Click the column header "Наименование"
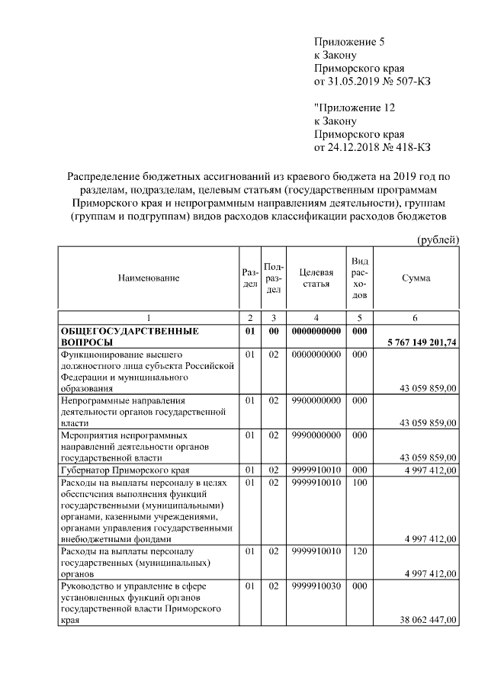pyautogui.click(x=149, y=278)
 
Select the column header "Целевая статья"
pyautogui.click(x=316, y=278)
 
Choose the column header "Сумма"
pyautogui.click(x=416, y=278)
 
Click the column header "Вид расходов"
pyautogui.click(x=361, y=278)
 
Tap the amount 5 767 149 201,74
pyautogui.click(x=418, y=343)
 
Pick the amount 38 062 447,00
pyautogui.click(x=428, y=621)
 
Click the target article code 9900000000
pyautogui.click(x=316, y=400)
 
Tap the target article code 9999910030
pyautogui.click(x=316, y=586)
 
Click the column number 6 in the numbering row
pyautogui.click(x=416, y=317)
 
